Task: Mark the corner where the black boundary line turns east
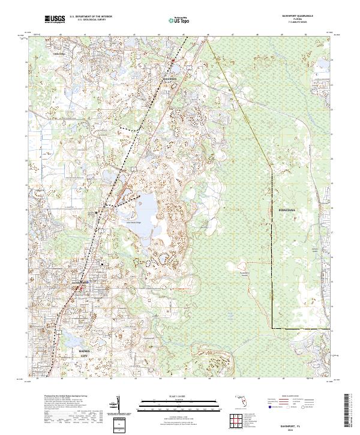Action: (x=272, y=328)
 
